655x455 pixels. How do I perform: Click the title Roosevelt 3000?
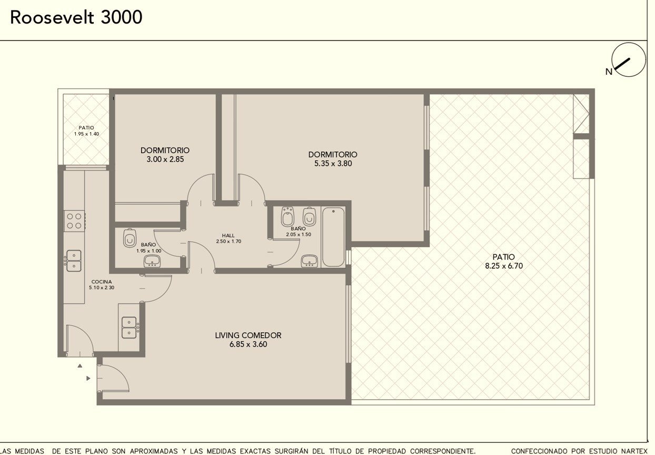click(76, 17)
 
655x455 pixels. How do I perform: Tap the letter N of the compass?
click(609, 72)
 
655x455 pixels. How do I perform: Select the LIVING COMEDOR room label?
click(248, 335)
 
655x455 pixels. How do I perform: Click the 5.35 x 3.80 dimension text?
click(333, 163)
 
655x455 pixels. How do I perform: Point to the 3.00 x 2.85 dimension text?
click(165, 160)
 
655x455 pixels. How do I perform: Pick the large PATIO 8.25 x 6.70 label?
click(504, 261)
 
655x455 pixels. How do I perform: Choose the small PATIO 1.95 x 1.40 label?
click(86, 131)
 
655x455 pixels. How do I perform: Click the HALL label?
click(228, 235)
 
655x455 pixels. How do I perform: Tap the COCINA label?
click(102, 282)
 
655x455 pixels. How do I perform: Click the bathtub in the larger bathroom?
click(333, 237)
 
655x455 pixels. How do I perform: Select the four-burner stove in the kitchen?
click(74, 221)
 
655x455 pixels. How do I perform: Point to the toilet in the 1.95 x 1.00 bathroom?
click(130, 238)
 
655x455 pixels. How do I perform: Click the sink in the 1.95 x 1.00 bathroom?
click(152, 261)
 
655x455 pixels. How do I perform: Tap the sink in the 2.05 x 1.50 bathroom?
click(310, 261)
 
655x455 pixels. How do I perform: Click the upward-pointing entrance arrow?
click(80, 365)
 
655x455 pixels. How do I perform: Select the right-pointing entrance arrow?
click(88, 379)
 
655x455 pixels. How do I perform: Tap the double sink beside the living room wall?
click(129, 328)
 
